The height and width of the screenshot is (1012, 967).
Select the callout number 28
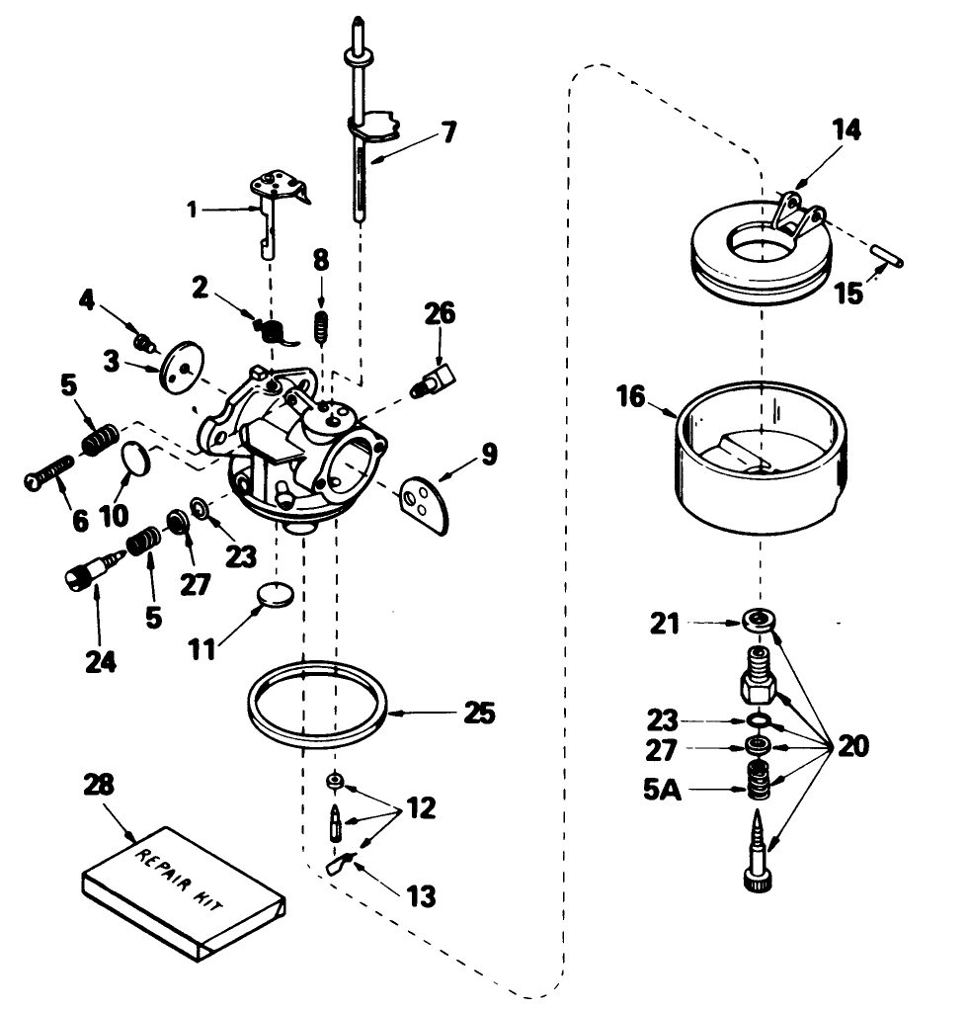click(x=99, y=786)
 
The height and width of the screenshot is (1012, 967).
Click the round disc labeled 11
click(x=274, y=596)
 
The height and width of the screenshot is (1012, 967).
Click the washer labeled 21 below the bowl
click(x=757, y=621)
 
